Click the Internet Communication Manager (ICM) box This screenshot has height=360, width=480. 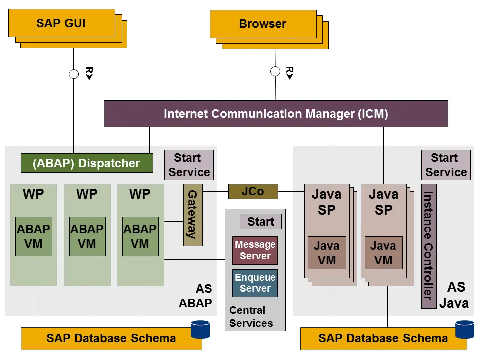(x=276, y=114)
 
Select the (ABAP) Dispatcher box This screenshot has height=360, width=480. (x=87, y=163)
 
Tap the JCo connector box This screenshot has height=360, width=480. (x=253, y=192)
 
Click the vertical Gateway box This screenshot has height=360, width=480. (x=193, y=215)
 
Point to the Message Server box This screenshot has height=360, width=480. (x=255, y=250)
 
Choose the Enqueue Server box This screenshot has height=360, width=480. (x=255, y=283)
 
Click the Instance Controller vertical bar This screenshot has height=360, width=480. (x=428, y=246)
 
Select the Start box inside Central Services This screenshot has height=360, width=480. (x=261, y=222)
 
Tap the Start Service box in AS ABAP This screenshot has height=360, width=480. (x=189, y=165)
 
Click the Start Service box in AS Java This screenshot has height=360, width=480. (x=446, y=165)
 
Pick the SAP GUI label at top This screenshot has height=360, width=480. (x=61, y=23)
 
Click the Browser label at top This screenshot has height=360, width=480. (x=263, y=24)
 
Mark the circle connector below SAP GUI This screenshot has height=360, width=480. (x=74, y=74)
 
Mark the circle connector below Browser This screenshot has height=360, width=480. (x=275, y=71)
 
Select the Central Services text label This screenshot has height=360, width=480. (x=251, y=317)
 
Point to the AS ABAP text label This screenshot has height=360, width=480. (x=196, y=296)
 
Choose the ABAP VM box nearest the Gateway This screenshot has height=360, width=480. (x=140, y=236)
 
